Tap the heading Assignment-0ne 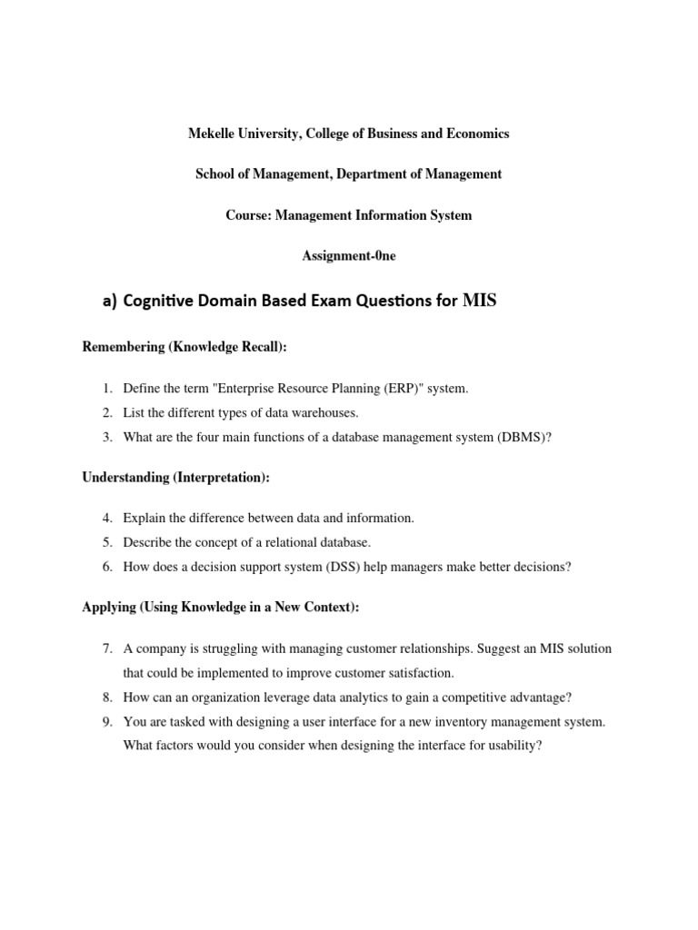[349, 256]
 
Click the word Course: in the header [247, 215]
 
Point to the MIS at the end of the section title [480, 302]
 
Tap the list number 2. [106, 413]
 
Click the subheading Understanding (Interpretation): [176, 477]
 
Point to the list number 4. [106, 519]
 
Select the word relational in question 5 [278, 542]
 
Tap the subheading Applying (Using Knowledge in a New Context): [221, 608]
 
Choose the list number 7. [106, 649]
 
